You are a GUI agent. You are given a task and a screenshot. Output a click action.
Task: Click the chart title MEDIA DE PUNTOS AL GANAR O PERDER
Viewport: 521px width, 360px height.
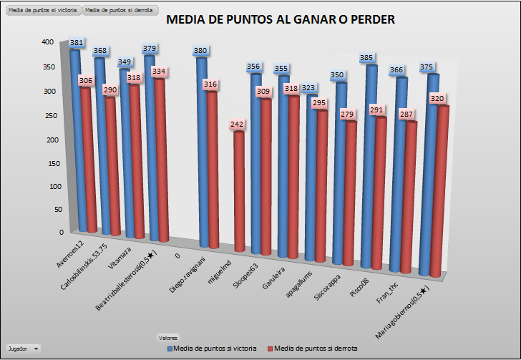point(281,20)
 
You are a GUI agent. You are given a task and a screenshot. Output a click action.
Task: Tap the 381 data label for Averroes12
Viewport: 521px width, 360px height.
point(77,43)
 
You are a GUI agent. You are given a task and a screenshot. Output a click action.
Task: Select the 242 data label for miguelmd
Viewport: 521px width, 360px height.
point(238,125)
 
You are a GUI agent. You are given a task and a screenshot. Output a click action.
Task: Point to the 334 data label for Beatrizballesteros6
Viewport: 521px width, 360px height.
point(159,72)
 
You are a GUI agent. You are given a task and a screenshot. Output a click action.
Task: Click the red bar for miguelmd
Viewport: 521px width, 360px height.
point(238,193)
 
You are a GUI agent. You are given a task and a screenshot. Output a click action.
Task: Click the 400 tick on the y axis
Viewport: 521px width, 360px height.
point(47,42)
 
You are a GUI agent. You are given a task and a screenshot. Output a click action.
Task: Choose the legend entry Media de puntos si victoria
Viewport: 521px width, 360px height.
point(213,348)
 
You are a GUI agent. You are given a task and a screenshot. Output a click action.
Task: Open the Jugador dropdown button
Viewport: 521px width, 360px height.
point(36,348)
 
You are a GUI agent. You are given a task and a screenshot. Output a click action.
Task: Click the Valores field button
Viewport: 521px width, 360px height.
point(167,337)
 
